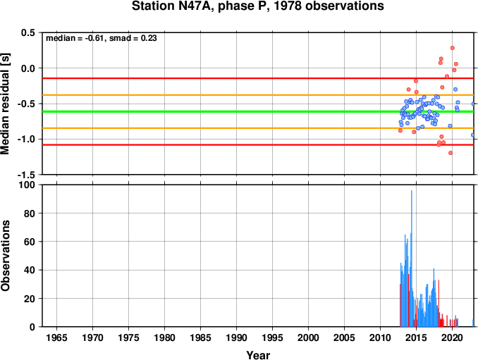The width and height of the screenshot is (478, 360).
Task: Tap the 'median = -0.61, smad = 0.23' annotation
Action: pyautogui.click(x=102, y=38)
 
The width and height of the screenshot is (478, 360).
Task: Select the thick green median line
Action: pyautogui.click(x=258, y=111)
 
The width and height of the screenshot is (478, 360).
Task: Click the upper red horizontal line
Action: pyautogui.click(x=258, y=78)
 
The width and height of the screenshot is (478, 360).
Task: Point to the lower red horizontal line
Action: pyautogui.click(x=258, y=144)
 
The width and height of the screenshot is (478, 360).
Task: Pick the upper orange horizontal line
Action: pyautogui.click(x=258, y=95)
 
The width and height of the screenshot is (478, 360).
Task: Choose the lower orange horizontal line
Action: pyautogui.click(x=258, y=128)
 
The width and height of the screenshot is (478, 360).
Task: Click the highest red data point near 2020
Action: pyautogui.click(x=453, y=48)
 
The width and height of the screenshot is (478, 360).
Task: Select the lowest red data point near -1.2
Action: pyautogui.click(x=451, y=153)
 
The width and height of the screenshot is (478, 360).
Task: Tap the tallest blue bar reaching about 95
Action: pyautogui.click(x=412, y=259)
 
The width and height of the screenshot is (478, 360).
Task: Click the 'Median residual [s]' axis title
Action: pyautogui.click(x=5, y=104)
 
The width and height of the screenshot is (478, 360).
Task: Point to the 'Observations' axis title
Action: pyautogui.click(x=5, y=256)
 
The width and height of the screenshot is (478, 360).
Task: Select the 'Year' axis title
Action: pyautogui.click(x=258, y=355)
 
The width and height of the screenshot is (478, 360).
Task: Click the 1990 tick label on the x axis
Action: pyautogui.click(x=236, y=337)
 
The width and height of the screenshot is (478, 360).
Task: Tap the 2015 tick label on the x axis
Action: pyautogui.click(x=416, y=337)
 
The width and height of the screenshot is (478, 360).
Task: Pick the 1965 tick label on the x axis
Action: pyautogui.click(x=56, y=337)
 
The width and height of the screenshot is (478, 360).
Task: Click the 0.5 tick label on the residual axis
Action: pyautogui.click(x=27, y=32)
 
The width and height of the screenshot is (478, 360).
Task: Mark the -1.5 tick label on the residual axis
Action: pyautogui.click(x=26, y=175)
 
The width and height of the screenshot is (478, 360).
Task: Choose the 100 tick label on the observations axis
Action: pyautogui.click(x=27, y=185)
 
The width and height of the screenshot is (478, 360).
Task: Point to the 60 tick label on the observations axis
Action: pyautogui.click(x=30, y=242)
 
